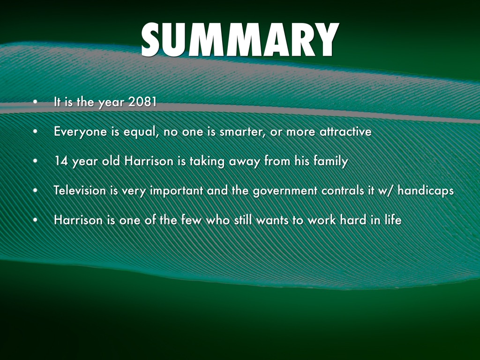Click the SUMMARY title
[240, 39]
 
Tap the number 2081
[142, 102]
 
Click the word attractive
[345, 131]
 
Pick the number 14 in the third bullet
[61, 161]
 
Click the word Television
[80, 190]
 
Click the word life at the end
[393, 220]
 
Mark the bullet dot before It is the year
[35, 102]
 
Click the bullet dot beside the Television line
[35, 190]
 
